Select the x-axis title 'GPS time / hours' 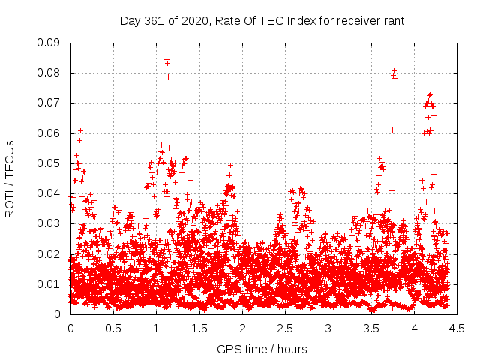point(262,349)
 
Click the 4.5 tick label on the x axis point(457,328)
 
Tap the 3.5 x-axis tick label point(370,328)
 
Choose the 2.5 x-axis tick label point(285,328)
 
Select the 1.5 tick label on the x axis point(199,328)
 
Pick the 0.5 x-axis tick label point(113,328)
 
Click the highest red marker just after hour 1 point(166,59)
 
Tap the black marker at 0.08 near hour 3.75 point(394,70)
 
